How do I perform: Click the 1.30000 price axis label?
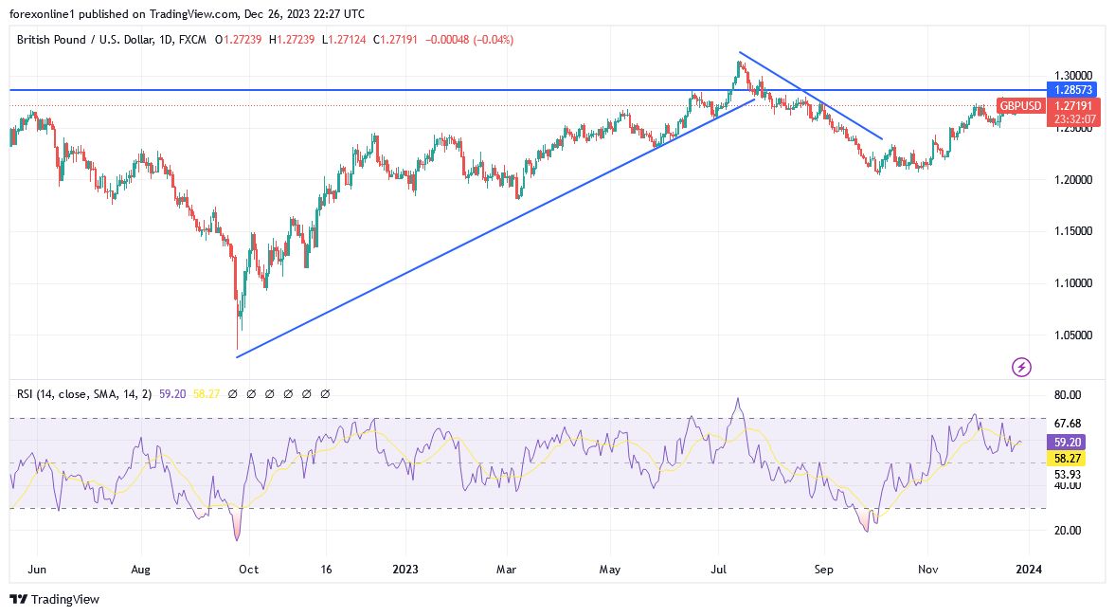point(1073,76)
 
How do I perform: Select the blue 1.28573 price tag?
point(1073,90)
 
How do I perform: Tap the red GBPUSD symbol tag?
point(1021,106)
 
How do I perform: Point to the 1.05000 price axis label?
point(1073,335)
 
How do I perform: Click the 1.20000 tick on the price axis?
point(1073,180)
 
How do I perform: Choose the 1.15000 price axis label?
point(1073,231)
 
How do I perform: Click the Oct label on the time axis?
point(248,570)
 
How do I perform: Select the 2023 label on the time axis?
point(405,570)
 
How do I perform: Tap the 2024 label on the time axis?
point(1029,570)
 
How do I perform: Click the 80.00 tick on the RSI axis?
point(1068,395)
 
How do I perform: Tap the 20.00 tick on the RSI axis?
point(1068,531)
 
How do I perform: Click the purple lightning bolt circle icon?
point(1021,366)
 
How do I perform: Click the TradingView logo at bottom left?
point(54,599)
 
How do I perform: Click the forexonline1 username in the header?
point(43,13)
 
